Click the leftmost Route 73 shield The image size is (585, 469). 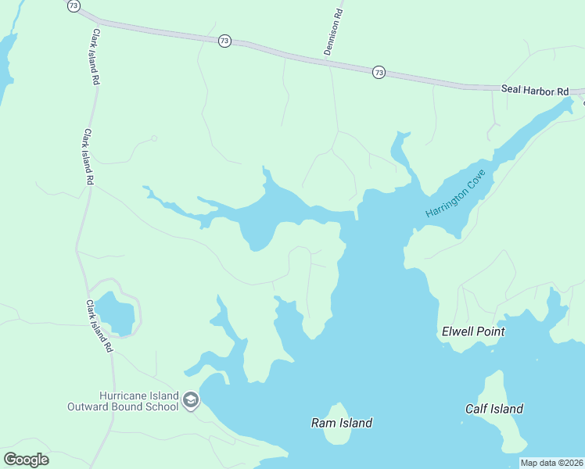(74, 5)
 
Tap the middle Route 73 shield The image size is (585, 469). (224, 41)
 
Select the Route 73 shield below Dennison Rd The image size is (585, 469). (379, 72)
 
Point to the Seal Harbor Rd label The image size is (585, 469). (535, 91)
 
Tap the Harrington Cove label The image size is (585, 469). (456, 193)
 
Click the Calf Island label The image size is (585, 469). (494, 409)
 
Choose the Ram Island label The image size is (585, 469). (341, 423)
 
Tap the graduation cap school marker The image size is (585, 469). (190, 401)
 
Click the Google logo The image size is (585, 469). (26, 459)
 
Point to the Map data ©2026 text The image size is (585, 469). (552, 463)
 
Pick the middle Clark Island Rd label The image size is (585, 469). (89, 156)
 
